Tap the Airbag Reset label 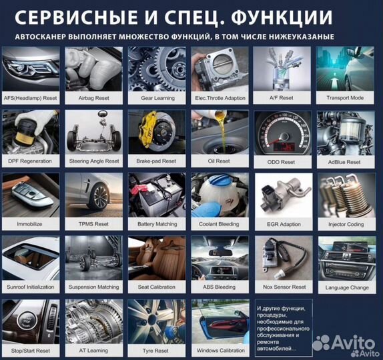tap(93, 98)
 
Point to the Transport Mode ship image tap(344, 69)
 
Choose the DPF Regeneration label tap(29, 161)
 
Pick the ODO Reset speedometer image tap(282, 132)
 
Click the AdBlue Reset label tap(344, 161)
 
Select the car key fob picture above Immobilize tap(29, 195)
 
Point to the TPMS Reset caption tap(93, 225)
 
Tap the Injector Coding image tap(344, 195)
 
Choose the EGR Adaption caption tap(282, 225)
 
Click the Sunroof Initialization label tap(29, 287)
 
